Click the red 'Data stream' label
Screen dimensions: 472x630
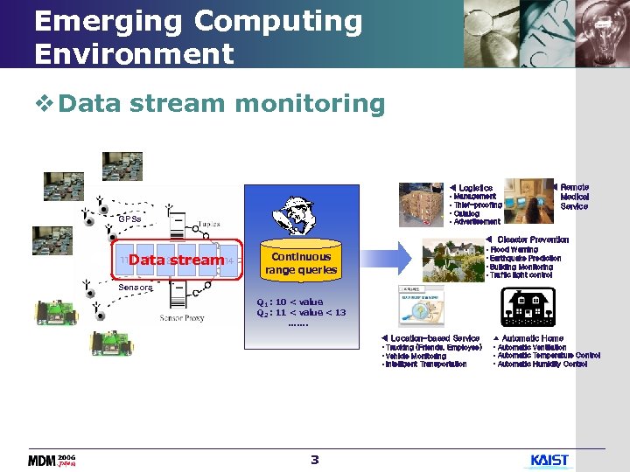tap(176, 260)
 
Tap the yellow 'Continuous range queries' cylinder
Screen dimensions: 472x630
tap(300, 262)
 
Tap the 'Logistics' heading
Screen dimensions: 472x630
tap(475, 188)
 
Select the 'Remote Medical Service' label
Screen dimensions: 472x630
tap(574, 197)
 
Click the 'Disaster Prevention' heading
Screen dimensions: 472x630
tap(532, 239)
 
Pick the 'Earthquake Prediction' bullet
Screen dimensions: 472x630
tap(525, 259)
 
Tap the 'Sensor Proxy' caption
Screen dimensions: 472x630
tap(182, 318)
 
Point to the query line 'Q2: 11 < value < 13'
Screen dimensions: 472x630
tap(300, 312)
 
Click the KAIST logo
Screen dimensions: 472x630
tap(549, 460)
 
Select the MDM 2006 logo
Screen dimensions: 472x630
tap(52, 460)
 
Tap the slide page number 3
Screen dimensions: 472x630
tap(315, 460)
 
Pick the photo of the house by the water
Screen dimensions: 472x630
tap(452, 260)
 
